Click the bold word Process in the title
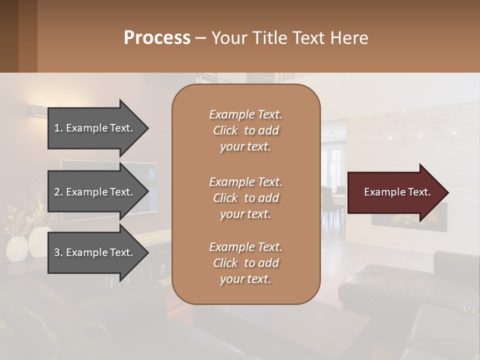pyautogui.click(x=157, y=38)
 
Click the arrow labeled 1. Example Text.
pyautogui.click(x=95, y=128)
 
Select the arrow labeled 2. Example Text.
pyautogui.click(x=95, y=192)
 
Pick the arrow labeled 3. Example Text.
pyautogui.click(x=95, y=252)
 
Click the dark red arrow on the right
pyautogui.click(x=395, y=192)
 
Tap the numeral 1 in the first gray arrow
pyautogui.click(x=57, y=128)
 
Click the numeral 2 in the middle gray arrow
pyautogui.click(x=57, y=192)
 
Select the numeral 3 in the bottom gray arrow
pyautogui.click(x=57, y=252)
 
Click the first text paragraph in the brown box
pyautogui.click(x=245, y=130)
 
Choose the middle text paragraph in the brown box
pyautogui.click(x=245, y=198)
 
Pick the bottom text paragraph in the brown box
pyautogui.click(x=245, y=263)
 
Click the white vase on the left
pyautogui.click(x=18, y=248)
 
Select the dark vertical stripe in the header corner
pyautogui.click(x=27, y=36)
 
